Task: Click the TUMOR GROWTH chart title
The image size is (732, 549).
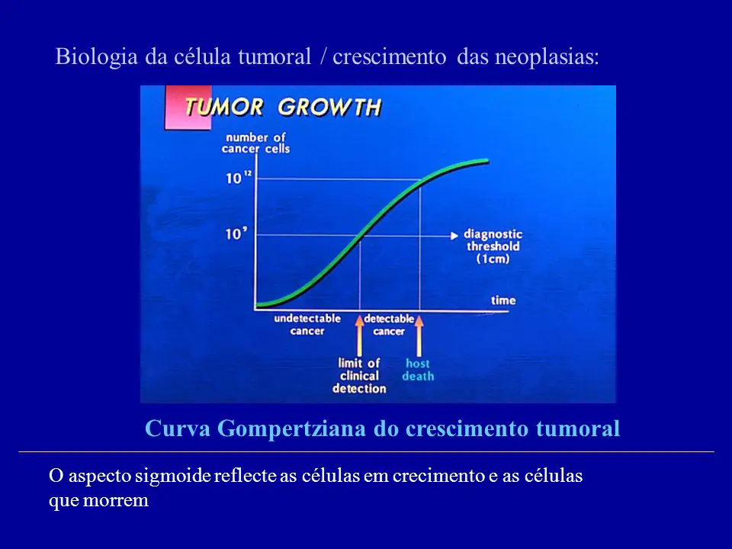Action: point(283,107)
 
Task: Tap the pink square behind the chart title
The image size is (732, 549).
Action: point(188,108)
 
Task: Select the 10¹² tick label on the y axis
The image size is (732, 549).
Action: point(238,178)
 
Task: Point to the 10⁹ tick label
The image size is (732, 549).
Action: point(236,233)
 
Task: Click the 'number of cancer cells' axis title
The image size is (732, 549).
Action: point(256,143)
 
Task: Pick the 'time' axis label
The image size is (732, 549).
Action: point(503,300)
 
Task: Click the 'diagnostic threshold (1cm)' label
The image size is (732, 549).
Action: point(493,246)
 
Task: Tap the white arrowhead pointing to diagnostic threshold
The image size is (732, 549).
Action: point(454,236)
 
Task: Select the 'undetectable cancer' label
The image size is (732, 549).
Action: point(307,325)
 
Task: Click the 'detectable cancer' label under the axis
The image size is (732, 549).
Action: point(389,325)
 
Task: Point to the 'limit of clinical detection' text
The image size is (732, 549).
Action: point(359,376)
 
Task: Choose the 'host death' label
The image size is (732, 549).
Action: point(418,370)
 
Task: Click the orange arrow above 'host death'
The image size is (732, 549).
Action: point(419,335)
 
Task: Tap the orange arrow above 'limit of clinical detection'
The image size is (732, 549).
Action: point(359,335)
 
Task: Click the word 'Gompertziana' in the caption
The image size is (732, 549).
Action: point(291,429)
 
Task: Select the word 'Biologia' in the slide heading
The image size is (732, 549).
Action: point(97,57)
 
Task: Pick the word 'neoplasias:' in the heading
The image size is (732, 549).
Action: point(547,57)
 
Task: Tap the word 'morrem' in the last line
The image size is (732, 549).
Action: point(116,500)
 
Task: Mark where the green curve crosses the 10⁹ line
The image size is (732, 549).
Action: point(361,236)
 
